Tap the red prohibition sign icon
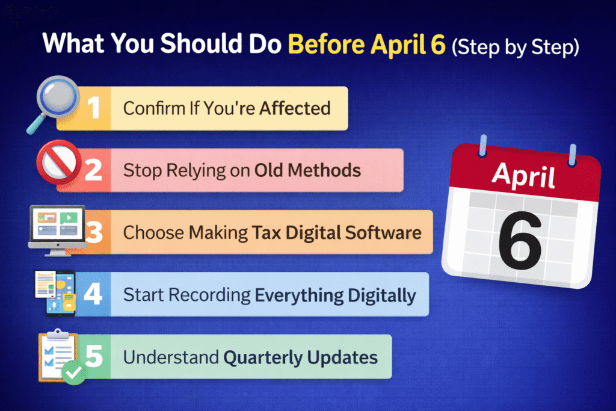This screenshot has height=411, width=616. tap(58, 162)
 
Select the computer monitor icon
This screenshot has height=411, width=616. tap(58, 230)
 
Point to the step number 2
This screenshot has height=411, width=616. tap(93, 170)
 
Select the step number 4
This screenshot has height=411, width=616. tap(93, 294)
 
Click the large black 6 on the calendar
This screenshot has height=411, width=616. tap(519, 241)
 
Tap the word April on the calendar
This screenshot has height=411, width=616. tap(524, 176)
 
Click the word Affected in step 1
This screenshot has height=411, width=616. tap(295, 108)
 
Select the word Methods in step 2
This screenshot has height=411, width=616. tap(324, 170)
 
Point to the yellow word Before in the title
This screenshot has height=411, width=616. tap(327, 43)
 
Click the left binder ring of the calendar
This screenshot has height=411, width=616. tap(483, 146)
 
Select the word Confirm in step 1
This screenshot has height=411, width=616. tap(154, 108)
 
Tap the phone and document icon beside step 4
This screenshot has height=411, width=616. tap(55, 293)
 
